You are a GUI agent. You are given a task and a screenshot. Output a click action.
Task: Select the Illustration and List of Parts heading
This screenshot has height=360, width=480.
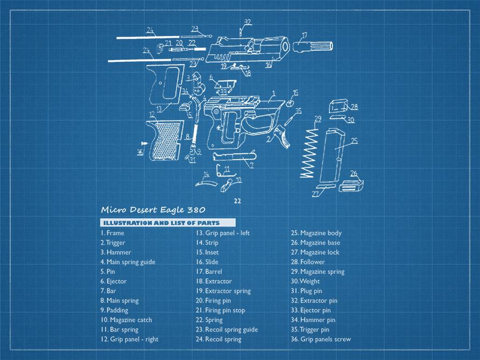pyautogui.click(x=167, y=223)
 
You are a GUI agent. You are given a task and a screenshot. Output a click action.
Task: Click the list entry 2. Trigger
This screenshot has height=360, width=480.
pyautogui.click(x=112, y=243)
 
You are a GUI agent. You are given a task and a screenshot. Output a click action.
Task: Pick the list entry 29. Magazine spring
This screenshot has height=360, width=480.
pyautogui.click(x=317, y=272)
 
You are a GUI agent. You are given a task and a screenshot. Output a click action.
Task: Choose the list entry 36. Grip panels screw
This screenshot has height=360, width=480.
pyautogui.click(x=320, y=339)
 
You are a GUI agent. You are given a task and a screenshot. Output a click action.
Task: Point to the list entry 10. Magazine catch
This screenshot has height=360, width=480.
pyautogui.click(x=126, y=320)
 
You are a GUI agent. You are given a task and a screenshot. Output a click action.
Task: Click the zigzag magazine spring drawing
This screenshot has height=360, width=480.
pyautogui.click(x=308, y=151)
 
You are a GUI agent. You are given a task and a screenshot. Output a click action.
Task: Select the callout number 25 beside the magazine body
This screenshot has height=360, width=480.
pyautogui.click(x=354, y=140)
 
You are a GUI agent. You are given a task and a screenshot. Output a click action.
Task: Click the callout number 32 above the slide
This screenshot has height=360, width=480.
pyautogui.click(x=248, y=22)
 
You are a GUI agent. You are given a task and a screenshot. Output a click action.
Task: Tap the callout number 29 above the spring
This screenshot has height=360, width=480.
pyautogui.click(x=317, y=118)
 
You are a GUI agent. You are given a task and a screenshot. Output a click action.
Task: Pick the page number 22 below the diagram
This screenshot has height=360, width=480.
pyautogui.click(x=237, y=200)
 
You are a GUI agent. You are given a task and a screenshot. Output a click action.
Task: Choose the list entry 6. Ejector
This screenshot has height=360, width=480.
pyautogui.click(x=113, y=281)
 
